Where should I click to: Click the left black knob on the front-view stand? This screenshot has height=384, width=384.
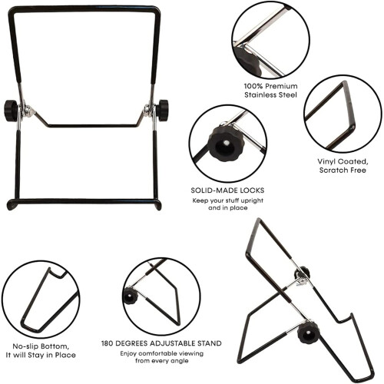coord(11,111)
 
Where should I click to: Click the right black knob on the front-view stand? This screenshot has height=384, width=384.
coord(162,111)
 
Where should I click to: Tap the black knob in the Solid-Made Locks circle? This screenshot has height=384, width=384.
coord(226,144)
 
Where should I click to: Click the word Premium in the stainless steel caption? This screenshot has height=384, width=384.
coord(281,86)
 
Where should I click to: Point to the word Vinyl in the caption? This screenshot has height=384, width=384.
coord(326,162)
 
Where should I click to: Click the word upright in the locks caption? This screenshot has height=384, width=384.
coord(252,201)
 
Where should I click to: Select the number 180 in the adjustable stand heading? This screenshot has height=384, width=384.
coord(108,343)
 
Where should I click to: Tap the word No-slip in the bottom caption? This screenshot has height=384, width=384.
coord(25,346)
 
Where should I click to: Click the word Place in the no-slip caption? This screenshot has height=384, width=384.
coord(66,356)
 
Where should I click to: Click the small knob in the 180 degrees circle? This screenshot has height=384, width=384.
coord(131,296)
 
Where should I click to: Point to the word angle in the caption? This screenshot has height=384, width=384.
coord(180,361)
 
